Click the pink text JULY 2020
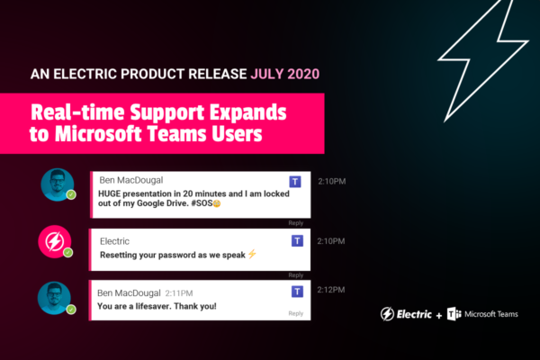click(x=285, y=74)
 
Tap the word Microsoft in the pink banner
click(x=99, y=134)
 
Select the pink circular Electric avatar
click(x=55, y=241)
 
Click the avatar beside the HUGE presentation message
click(x=58, y=184)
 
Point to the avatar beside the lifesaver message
click(x=54, y=298)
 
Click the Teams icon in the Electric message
click(x=297, y=240)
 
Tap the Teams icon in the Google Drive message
click(x=295, y=182)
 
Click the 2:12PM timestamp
click(x=331, y=290)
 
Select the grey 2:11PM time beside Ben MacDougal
click(x=179, y=293)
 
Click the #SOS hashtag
click(x=202, y=203)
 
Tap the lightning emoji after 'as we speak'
click(x=252, y=254)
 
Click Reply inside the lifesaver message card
click(x=296, y=313)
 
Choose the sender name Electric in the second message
click(x=114, y=241)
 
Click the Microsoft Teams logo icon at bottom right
click(x=454, y=314)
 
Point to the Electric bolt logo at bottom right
click(x=387, y=314)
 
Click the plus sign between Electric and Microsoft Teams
click(x=439, y=315)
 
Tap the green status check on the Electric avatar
click(x=67, y=253)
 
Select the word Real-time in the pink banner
click(x=77, y=112)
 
